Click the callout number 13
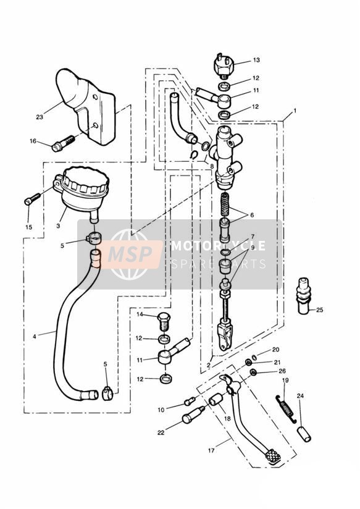click(256, 60)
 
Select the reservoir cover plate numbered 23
click(86, 106)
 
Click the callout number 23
click(40, 117)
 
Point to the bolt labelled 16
click(64, 143)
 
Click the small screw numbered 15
click(32, 199)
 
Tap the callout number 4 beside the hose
click(35, 336)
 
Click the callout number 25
click(319, 310)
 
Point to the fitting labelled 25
click(304, 295)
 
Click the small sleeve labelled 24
click(304, 434)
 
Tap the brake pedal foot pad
click(272, 456)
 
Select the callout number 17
click(211, 450)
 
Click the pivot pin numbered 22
click(193, 414)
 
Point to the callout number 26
click(282, 371)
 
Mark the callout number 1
click(295, 111)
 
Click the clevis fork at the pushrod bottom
click(225, 339)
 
